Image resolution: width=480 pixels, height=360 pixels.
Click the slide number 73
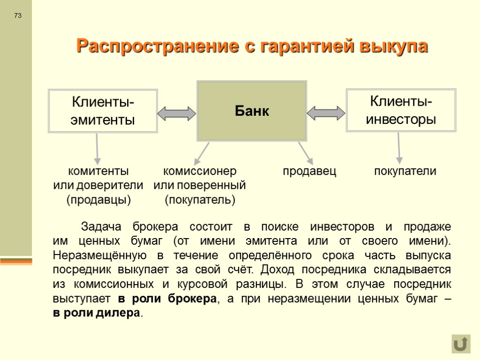click(18, 16)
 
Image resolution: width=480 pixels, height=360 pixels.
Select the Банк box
click(252, 111)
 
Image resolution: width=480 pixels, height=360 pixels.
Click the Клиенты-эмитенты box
click(103, 111)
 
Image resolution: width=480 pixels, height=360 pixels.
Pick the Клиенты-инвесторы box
click(401, 110)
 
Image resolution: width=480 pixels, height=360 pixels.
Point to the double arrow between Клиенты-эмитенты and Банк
click(177, 113)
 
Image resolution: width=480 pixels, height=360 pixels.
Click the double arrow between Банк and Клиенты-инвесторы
click(326, 113)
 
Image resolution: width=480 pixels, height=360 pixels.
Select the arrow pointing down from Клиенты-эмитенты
click(97, 148)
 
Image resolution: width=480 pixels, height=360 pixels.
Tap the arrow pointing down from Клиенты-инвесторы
click(399, 147)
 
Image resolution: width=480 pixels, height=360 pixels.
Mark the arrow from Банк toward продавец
click(305, 152)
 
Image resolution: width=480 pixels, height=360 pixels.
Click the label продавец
click(309, 171)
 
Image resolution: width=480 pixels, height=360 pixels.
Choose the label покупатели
click(405, 171)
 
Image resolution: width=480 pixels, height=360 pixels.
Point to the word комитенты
click(98, 171)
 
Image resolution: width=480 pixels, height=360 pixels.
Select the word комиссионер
click(200, 171)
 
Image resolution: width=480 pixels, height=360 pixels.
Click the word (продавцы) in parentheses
click(98, 200)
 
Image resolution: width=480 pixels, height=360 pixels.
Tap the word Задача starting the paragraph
click(101, 227)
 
